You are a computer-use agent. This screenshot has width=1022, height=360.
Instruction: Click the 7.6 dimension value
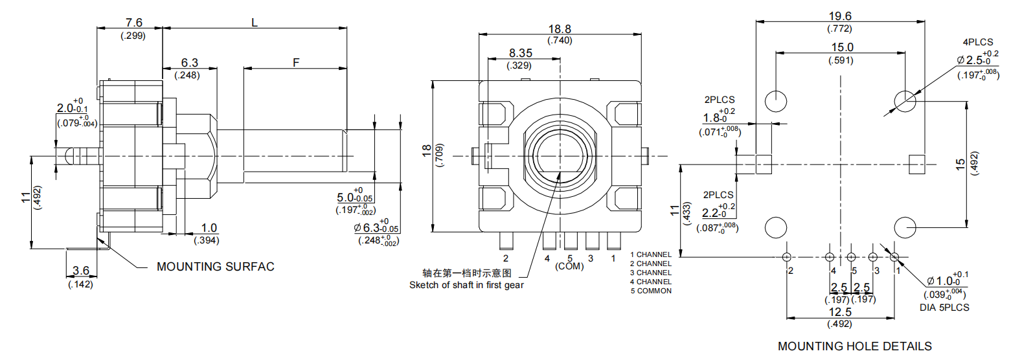pyautogui.click(x=133, y=23)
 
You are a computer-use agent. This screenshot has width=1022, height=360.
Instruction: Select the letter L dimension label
pyautogui.click(x=255, y=23)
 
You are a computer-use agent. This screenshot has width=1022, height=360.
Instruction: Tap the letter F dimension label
pyautogui.click(x=296, y=63)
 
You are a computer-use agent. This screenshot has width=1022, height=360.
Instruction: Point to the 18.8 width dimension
pyautogui.click(x=560, y=29)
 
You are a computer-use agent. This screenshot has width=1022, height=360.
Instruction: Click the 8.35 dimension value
pyautogui.click(x=520, y=53)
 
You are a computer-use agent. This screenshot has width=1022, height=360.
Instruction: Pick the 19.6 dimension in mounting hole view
pyautogui.click(x=840, y=16)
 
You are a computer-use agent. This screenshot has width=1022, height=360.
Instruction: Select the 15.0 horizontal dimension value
pyautogui.click(x=842, y=47)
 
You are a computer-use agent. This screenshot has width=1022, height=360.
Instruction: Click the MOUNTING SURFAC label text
pyautogui.click(x=215, y=267)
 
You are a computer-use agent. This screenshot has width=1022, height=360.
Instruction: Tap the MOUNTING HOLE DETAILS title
pyautogui.click(x=854, y=346)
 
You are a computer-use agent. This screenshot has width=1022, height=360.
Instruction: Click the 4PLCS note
pyautogui.click(x=977, y=42)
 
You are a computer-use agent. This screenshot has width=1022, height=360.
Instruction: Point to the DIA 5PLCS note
pyautogui.click(x=944, y=308)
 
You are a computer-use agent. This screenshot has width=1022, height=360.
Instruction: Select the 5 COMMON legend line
pyautogui.click(x=651, y=291)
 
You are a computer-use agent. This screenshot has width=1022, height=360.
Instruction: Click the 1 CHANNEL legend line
pyautogui.click(x=651, y=255)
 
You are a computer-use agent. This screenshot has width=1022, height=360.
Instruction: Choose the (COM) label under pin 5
pyautogui.click(x=569, y=266)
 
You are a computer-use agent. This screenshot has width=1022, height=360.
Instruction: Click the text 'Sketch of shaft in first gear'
pyautogui.click(x=466, y=285)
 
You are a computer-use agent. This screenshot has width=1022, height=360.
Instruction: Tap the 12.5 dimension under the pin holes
pyautogui.click(x=840, y=312)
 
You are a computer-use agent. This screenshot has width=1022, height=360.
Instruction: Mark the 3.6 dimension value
pyautogui.click(x=81, y=271)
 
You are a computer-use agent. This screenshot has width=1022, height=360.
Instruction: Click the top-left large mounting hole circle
pyautogui.click(x=776, y=101)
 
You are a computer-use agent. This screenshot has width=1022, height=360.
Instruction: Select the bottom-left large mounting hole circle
pyautogui.click(x=776, y=227)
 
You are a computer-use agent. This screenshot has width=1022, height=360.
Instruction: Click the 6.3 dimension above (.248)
pyautogui.click(x=189, y=63)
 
